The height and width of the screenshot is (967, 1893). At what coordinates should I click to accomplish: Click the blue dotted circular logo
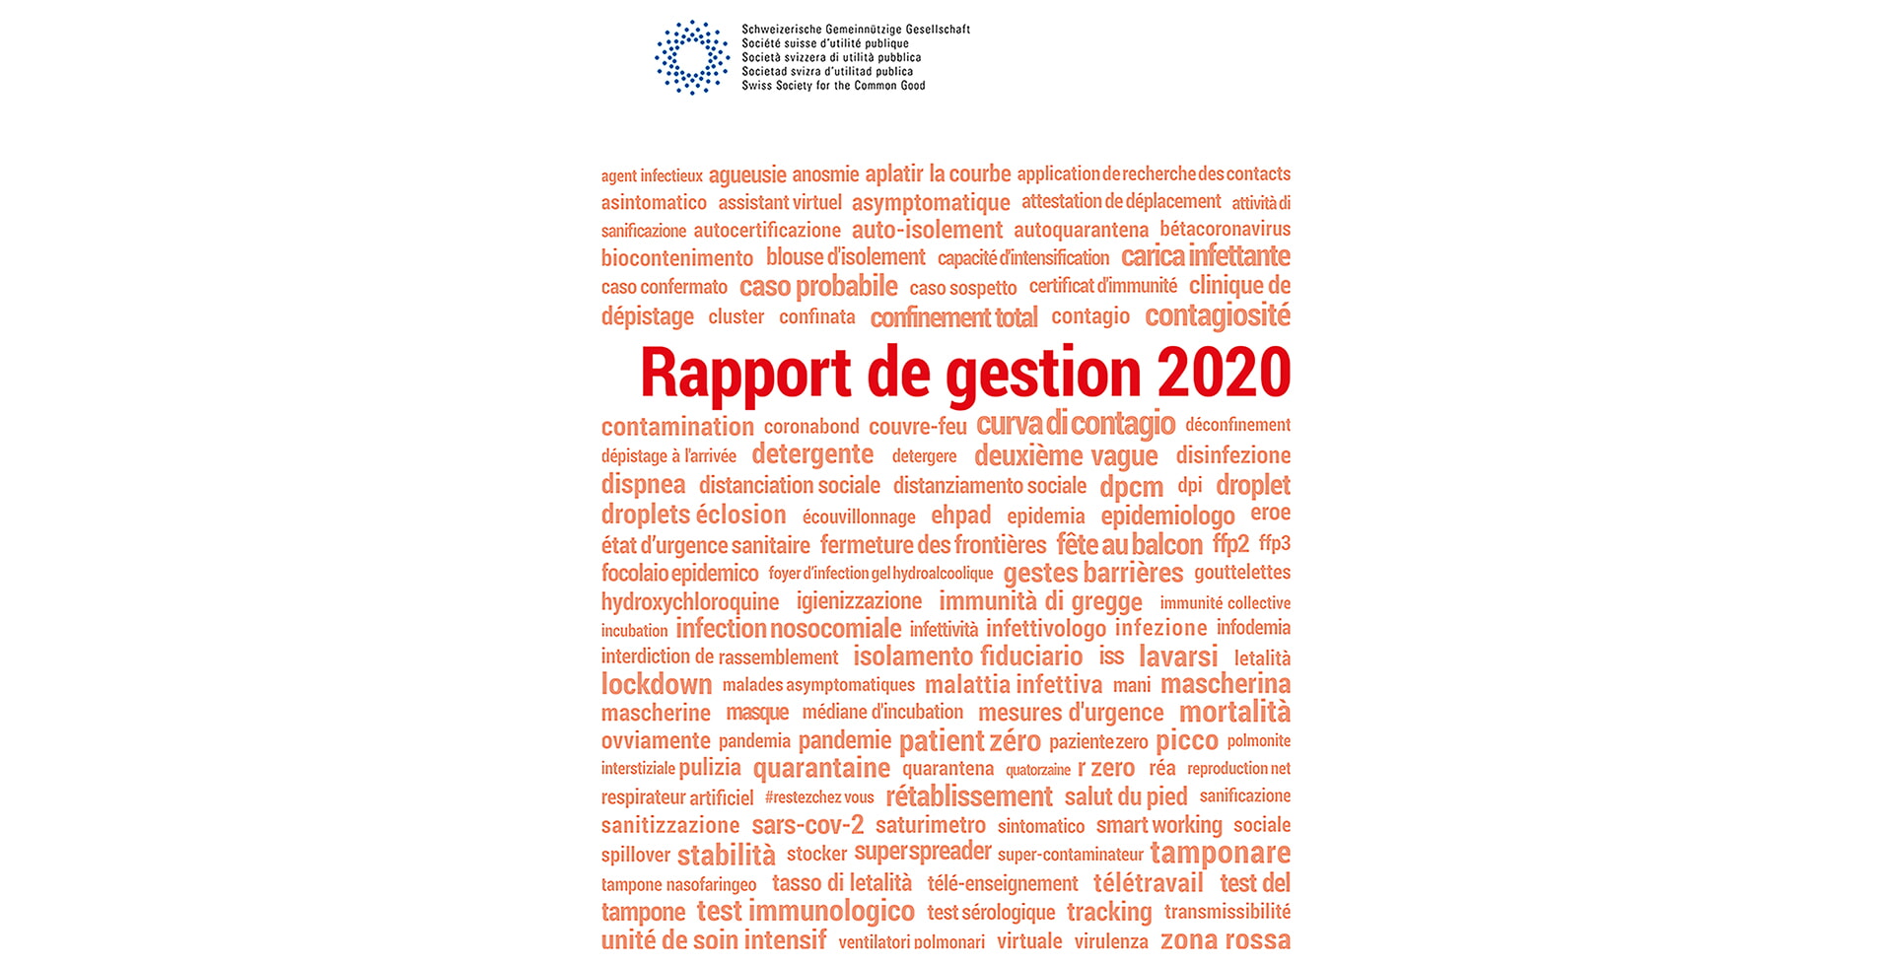pyautogui.click(x=692, y=57)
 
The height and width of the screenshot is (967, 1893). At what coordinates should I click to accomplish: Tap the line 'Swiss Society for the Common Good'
pyautogui.click(x=833, y=86)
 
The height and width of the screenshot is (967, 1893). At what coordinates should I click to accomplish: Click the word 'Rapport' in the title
pyautogui.click(x=745, y=373)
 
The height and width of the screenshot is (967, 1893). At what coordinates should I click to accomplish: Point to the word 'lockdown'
pyautogui.click(x=656, y=684)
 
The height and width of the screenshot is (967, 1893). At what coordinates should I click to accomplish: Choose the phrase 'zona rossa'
pyautogui.click(x=1225, y=940)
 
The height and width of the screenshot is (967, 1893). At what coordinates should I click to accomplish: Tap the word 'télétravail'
pyautogui.click(x=1148, y=883)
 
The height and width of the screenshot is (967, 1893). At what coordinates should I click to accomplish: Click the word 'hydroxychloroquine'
pyautogui.click(x=689, y=601)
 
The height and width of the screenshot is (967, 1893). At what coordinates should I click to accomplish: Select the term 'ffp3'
pyautogui.click(x=1274, y=543)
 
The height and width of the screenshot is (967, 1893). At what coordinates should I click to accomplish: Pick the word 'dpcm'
pyautogui.click(x=1131, y=487)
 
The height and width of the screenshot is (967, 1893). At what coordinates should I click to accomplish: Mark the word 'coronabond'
pyautogui.click(x=811, y=427)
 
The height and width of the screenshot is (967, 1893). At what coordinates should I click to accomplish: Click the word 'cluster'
pyautogui.click(x=736, y=317)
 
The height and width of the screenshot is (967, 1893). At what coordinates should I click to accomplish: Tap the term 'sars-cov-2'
pyautogui.click(x=806, y=825)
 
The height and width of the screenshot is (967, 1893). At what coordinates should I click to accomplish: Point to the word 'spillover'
pyautogui.click(x=635, y=856)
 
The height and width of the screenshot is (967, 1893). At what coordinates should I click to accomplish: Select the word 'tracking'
pyautogui.click(x=1108, y=913)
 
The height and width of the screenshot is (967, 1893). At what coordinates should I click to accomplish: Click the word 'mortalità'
pyautogui.click(x=1234, y=712)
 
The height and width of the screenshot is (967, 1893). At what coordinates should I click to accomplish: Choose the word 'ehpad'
pyautogui.click(x=960, y=516)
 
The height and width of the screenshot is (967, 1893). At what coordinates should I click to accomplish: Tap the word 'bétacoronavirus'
pyautogui.click(x=1225, y=230)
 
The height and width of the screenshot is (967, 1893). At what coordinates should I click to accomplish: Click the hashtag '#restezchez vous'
pyautogui.click(x=819, y=797)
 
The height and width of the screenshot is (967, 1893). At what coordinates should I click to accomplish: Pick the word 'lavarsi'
pyautogui.click(x=1178, y=656)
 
